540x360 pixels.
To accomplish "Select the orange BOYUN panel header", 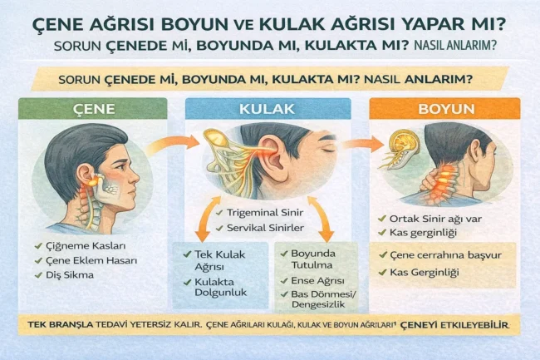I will pyautogui.click(x=444, y=109).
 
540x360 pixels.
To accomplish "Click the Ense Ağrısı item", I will pyautogui.click(x=319, y=281).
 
